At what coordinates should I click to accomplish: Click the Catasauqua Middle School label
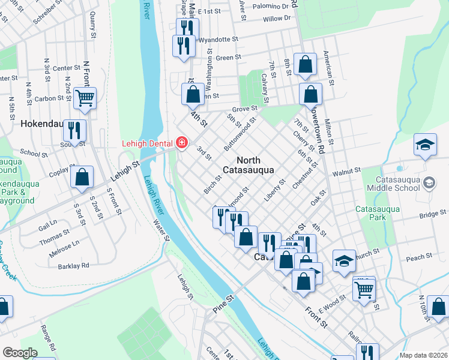point(397,184)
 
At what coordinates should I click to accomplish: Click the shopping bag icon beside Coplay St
point(82,177)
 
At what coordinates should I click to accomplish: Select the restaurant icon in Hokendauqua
point(74,130)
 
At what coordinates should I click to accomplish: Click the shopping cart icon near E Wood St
point(364,289)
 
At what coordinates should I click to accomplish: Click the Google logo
point(20,353)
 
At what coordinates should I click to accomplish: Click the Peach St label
point(419,257)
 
